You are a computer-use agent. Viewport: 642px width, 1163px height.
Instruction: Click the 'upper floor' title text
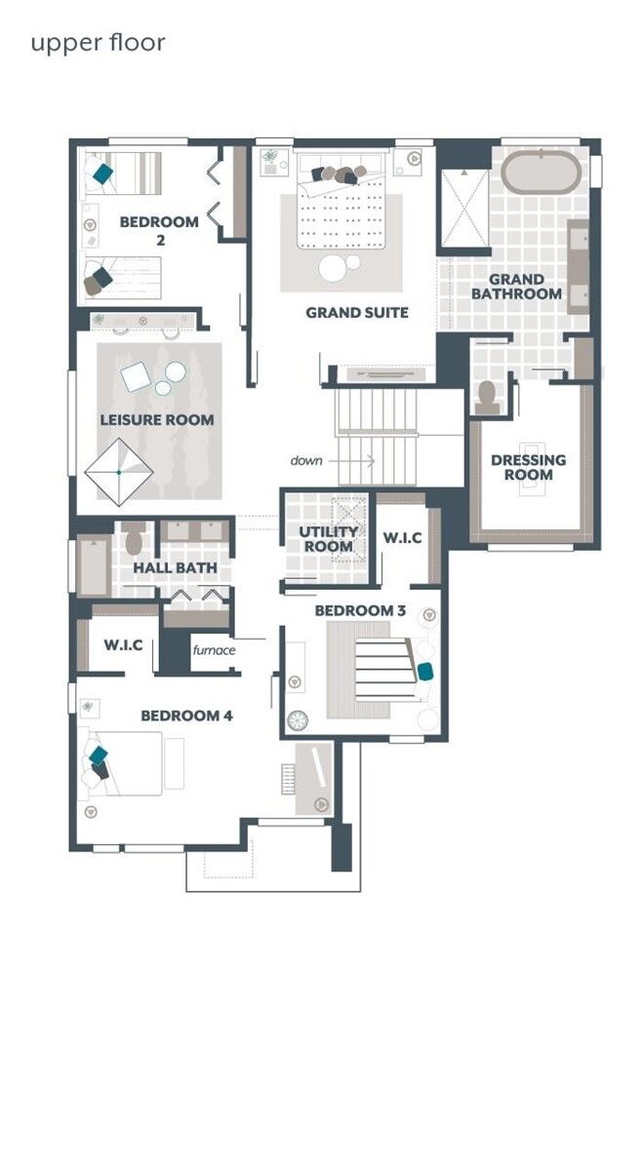(98, 43)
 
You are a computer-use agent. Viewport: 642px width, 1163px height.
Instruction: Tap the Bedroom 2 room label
(159, 229)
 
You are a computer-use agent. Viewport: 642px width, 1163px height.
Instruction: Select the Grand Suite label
(356, 313)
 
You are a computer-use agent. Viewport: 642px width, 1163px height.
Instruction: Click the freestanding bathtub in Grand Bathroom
(542, 172)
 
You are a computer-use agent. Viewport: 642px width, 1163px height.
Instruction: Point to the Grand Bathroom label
(516, 287)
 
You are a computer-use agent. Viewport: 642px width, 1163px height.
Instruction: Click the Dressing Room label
(528, 467)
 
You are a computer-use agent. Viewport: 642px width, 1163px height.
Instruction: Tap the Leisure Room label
(156, 420)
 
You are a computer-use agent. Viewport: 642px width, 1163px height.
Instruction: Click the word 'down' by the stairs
(305, 460)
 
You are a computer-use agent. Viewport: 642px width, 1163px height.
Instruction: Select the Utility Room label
(328, 539)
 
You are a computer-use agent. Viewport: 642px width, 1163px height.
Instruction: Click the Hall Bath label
(176, 568)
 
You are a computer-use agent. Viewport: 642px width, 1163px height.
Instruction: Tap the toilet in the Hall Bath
(135, 540)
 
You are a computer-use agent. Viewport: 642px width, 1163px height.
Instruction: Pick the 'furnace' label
(213, 650)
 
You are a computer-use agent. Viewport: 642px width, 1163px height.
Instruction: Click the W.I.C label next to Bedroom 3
(401, 538)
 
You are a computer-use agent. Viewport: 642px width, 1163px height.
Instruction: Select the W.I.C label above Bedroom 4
(124, 645)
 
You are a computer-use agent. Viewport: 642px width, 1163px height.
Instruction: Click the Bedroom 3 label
(359, 610)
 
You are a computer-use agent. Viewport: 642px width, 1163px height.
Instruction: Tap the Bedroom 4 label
(186, 716)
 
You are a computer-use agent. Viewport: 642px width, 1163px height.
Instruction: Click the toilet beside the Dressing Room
(487, 397)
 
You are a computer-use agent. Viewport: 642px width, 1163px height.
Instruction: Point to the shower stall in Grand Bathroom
(464, 206)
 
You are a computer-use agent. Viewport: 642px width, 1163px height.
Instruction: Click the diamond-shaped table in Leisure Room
(118, 472)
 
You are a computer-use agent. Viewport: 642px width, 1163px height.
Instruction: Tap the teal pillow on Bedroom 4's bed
(98, 756)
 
